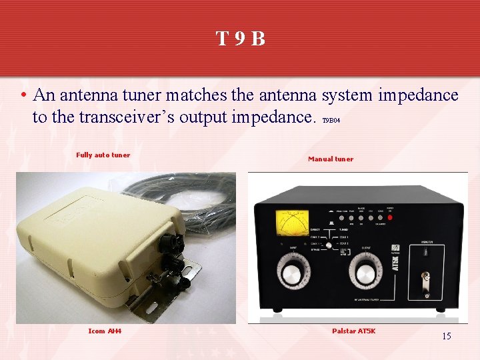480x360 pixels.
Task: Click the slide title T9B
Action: (x=240, y=39)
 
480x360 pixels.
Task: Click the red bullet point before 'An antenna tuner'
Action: (x=23, y=96)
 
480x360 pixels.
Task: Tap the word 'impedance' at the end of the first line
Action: (x=418, y=95)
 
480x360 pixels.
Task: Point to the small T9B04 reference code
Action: (x=331, y=121)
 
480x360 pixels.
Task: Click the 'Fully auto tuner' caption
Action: (x=103, y=155)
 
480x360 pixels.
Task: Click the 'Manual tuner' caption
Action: (x=331, y=159)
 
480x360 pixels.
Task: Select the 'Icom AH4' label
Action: (x=105, y=331)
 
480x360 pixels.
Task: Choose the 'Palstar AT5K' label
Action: (x=353, y=331)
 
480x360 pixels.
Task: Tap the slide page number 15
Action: (x=446, y=336)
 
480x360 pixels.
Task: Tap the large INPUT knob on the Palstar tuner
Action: (x=290, y=274)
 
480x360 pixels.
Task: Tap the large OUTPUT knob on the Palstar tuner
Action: (x=365, y=274)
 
